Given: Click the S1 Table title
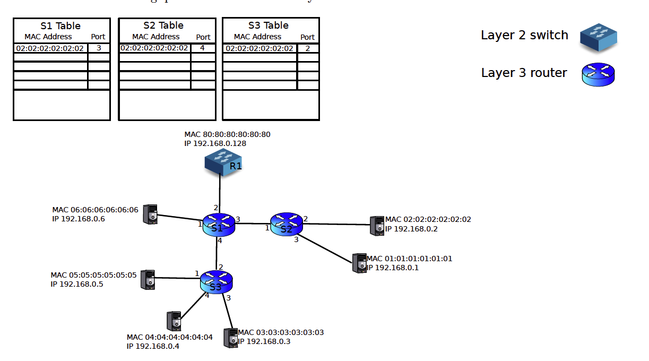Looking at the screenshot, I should click(x=61, y=25).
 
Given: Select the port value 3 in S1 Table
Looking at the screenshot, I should click(x=99, y=48).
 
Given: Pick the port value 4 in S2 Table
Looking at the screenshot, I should click(x=202, y=48).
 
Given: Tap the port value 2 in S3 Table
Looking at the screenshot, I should click(x=307, y=48).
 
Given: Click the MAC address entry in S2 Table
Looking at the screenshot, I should click(x=154, y=48).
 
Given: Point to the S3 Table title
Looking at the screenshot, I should click(x=269, y=25).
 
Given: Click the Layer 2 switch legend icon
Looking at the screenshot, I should click(x=598, y=37).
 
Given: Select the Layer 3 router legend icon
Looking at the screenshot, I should click(x=598, y=74).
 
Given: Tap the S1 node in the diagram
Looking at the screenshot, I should click(x=219, y=225).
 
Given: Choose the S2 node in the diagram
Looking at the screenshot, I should click(x=286, y=225).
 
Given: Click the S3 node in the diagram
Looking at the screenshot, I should click(x=217, y=282).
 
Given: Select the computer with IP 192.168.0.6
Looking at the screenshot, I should click(x=151, y=215).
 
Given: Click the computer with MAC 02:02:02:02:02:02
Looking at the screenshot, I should click(x=377, y=226).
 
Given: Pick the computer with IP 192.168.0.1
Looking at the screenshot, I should click(x=359, y=263).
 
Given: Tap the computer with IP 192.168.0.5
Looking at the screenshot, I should click(x=148, y=280).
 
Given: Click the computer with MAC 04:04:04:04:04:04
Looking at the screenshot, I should click(x=174, y=322).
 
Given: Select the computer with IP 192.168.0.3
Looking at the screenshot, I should click(x=230, y=338).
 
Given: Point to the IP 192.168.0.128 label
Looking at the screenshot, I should click(x=215, y=143).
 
